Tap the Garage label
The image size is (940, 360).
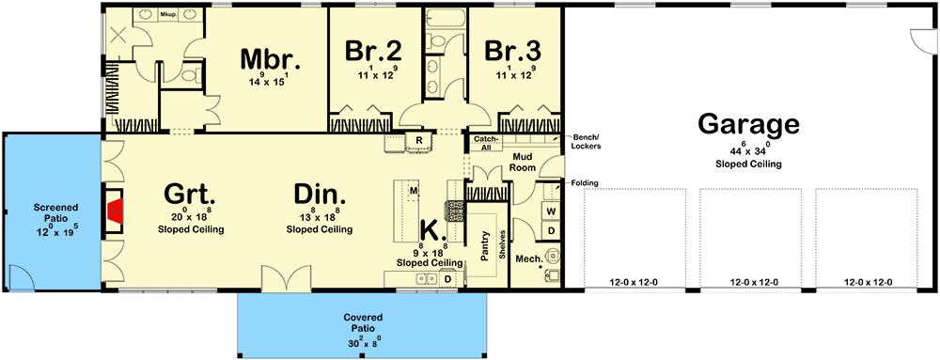tap(748, 124)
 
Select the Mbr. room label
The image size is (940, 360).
tap(270, 59)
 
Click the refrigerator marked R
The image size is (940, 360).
tap(417, 141)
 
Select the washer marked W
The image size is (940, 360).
tap(552, 212)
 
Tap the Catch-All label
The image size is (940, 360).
tap(485, 142)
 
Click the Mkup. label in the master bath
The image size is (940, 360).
tap(169, 15)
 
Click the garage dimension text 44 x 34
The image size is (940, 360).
tap(748, 151)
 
